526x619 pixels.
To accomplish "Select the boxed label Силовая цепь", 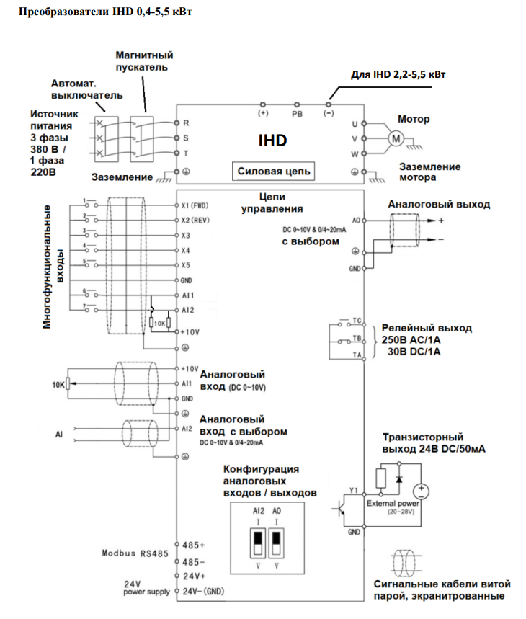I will coord(274,172).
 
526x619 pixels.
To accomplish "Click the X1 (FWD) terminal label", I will coord(195,205).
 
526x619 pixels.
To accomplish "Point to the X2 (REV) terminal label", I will coord(195,220).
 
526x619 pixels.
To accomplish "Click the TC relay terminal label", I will coord(357,319).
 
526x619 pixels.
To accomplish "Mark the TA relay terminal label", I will coord(357,355).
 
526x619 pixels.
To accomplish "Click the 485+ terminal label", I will coord(194,545).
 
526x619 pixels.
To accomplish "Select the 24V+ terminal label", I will coord(194,576).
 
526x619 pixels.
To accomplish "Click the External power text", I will coord(393,504).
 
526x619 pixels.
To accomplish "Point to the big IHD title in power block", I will coord(272,140).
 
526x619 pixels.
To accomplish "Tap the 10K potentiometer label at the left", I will coord(58,385).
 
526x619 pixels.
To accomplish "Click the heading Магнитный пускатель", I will coord(144,61).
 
